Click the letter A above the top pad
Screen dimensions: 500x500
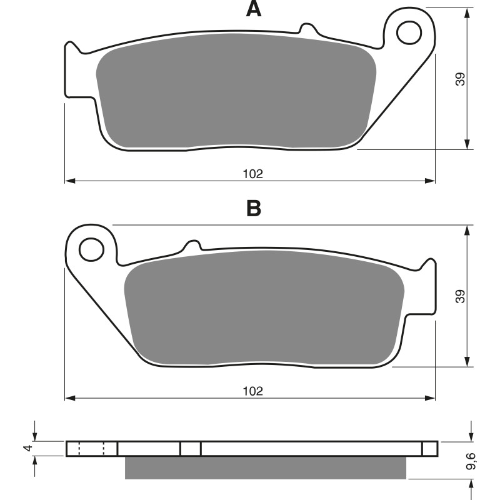click(253, 9)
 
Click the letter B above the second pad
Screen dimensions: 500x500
click(253, 207)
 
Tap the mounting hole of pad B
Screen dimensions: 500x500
click(91, 249)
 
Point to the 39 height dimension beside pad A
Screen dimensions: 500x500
click(461, 79)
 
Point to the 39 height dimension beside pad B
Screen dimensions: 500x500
click(461, 297)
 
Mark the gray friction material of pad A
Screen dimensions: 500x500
click(236, 94)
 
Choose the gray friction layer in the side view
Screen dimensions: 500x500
click(266, 467)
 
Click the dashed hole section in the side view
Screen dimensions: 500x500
click(92, 449)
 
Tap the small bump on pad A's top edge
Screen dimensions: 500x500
click(307, 28)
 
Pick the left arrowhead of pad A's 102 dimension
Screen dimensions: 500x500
click(69, 181)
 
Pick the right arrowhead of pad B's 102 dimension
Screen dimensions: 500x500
click(431, 397)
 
